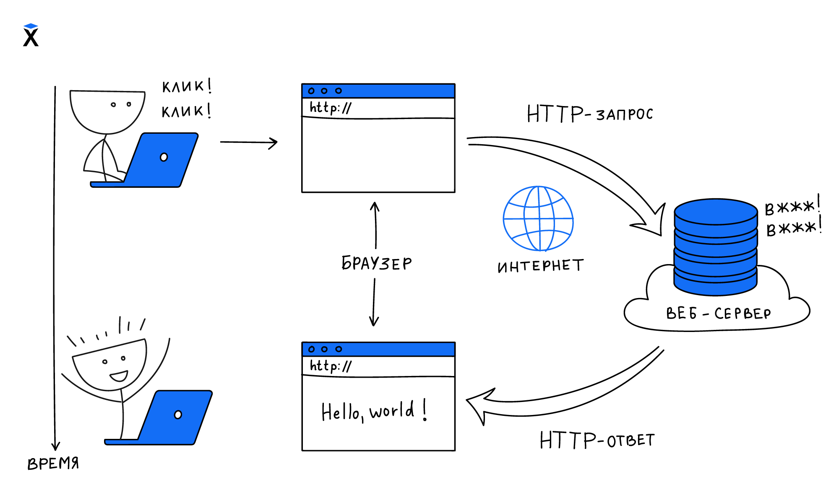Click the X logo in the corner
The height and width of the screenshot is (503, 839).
point(31,36)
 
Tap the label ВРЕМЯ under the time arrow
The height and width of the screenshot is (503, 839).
point(53,464)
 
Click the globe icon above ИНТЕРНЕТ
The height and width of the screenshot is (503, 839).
point(538,218)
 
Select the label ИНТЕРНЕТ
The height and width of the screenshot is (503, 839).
point(540,266)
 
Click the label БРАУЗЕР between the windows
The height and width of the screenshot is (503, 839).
point(376,263)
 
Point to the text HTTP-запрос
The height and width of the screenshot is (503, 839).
point(589,114)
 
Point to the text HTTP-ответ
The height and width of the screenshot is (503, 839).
point(597,441)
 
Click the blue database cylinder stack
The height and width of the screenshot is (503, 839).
point(715,247)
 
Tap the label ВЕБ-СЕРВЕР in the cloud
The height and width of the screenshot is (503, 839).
point(718,313)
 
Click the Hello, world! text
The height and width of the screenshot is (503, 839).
point(373,411)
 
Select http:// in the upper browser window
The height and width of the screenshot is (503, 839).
point(330,108)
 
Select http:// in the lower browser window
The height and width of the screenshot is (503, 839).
point(330,366)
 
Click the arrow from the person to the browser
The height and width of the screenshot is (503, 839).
point(249,143)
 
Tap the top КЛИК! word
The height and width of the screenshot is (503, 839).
point(187,86)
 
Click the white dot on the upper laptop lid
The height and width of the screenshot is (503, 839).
point(164,157)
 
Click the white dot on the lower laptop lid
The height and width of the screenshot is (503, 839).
point(178,415)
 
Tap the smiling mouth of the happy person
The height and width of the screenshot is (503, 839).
point(119,376)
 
